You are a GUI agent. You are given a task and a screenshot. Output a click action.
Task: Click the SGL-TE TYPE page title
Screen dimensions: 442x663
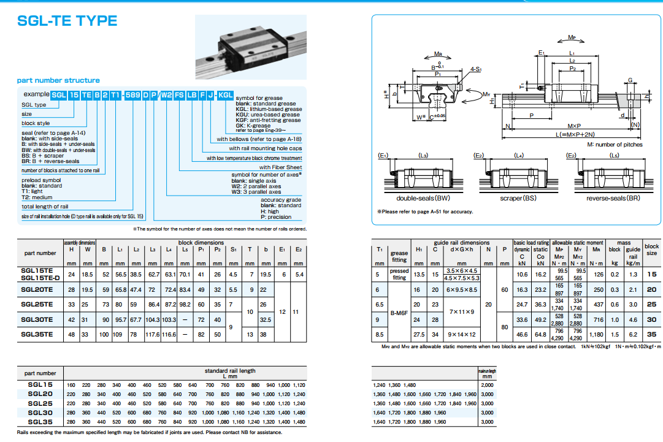coord(67,21)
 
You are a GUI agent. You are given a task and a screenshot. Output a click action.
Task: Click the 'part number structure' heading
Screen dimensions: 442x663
coord(58,80)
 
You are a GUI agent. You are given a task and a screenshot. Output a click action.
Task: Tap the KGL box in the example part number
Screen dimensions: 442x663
coord(226,94)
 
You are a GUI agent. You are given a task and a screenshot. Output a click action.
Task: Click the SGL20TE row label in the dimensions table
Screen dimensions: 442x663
coord(37,289)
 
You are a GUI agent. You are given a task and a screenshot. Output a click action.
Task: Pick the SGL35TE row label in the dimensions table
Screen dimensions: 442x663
coord(37,335)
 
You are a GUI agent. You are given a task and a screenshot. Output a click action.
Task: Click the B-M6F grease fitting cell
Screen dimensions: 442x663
coord(399,312)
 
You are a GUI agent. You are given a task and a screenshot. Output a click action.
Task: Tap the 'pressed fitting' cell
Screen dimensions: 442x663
coord(399,274)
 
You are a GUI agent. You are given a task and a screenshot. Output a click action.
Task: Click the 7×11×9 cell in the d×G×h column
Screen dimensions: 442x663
coord(462,312)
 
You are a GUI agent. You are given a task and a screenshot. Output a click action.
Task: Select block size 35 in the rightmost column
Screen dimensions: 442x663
coord(651,335)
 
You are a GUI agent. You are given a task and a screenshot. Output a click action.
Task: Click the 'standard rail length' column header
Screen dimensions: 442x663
coord(229,371)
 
